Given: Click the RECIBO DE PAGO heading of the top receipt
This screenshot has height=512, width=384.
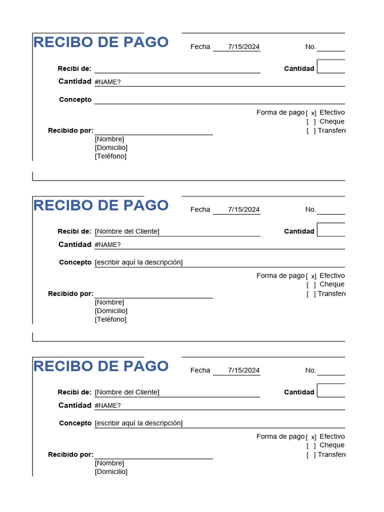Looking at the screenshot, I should pos(100,42).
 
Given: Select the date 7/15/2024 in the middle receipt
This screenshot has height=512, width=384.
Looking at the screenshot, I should pos(243,209).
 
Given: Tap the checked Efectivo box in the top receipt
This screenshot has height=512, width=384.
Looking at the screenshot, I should pos(311,113).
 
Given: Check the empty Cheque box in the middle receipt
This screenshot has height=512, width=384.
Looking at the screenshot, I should pos(311,284).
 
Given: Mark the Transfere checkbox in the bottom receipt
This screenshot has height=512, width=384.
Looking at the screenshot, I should pos(311,454).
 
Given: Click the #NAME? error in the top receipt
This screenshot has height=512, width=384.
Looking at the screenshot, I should pos(107,82).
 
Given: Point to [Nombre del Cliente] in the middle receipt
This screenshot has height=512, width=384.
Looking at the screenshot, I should pos(127,231).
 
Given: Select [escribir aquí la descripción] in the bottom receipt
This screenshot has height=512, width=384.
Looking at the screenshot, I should pos(138,423).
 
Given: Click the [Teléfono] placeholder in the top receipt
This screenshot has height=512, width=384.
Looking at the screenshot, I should pos(110,156).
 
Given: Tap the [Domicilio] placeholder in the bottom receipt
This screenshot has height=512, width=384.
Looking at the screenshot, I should pos(111,471).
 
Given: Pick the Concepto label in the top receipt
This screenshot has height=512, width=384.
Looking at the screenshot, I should pos(75,99).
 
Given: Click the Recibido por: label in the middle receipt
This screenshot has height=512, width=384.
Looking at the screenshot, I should pos(70,293).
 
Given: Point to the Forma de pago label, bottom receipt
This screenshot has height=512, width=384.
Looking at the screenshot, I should pos(280,436).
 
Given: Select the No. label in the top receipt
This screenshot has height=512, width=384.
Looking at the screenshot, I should pos(310,46).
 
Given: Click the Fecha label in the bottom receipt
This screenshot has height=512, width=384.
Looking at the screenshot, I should pos(200,370).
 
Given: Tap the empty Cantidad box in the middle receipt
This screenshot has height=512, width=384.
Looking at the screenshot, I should pos(331,229).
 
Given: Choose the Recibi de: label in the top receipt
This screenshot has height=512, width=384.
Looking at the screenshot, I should pos(74,68).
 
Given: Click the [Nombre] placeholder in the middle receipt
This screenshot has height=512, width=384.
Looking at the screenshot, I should pos(109,302).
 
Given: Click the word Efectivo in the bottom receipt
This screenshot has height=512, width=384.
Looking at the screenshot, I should pos(332,436).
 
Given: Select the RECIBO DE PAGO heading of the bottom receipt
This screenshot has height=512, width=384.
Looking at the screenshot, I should pos(100,366).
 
